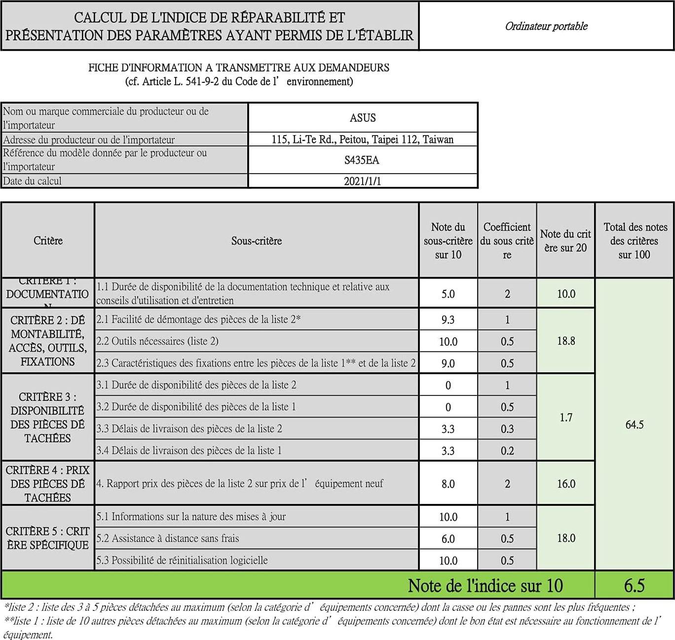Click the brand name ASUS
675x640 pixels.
(x=363, y=118)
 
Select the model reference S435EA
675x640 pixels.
(x=363, y=160)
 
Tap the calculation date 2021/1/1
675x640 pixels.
(x=363, y=181)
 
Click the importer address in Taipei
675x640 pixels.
(x=363, y=140)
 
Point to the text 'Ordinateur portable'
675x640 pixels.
(x=546, y=26)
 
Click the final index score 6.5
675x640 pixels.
(x=634, y=585)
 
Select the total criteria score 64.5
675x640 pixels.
(x=634, y=425)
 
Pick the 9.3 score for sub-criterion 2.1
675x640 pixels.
(x=448, y=320)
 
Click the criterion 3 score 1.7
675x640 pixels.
(x=565, y=418)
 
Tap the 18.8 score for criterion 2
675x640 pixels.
(x=565, y=341)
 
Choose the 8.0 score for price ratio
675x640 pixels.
(x=448, y=484)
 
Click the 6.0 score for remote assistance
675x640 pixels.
(x=448, y=538)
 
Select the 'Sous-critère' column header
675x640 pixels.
(x=257, y=241)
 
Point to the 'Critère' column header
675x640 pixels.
(x=48, y=241)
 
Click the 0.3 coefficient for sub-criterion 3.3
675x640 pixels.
(x=507, y=429)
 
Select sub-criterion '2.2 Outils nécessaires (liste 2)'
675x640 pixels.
(x=157, y=341)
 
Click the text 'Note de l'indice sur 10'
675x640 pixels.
(x=485, y=585)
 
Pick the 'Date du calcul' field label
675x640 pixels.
(x=33, y=181)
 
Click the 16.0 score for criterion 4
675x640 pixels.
(x=565, y=484)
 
